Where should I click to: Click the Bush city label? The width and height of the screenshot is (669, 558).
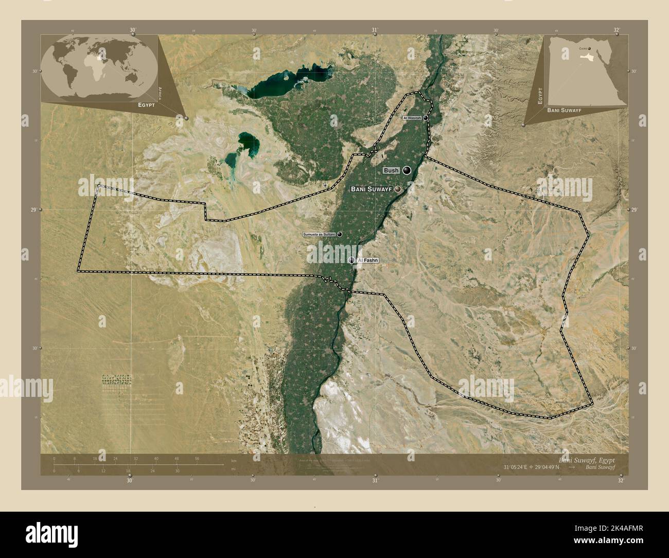[391, 170]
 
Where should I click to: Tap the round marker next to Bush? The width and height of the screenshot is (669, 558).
[407, 170]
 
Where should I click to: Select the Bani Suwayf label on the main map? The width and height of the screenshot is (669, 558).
[371, 189]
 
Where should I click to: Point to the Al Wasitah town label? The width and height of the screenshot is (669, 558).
[412, 118]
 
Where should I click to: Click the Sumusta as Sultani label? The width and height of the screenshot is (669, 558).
[319, 234]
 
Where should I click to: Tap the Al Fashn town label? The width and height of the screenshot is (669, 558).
[367, 260]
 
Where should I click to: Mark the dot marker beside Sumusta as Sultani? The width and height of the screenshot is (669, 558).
[340, 234]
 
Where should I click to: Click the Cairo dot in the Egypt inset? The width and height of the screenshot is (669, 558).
[590, 49]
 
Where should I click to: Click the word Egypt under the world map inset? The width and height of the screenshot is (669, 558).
[147, 104]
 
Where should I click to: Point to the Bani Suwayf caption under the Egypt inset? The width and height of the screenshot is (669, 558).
[564, 110]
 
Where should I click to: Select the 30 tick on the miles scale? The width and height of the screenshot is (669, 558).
[177, 470]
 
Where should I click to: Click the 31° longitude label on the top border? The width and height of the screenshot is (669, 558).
[375, 30]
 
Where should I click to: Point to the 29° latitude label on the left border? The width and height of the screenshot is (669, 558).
[34, 210]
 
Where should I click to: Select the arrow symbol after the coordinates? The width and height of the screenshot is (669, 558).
[572, 467]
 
